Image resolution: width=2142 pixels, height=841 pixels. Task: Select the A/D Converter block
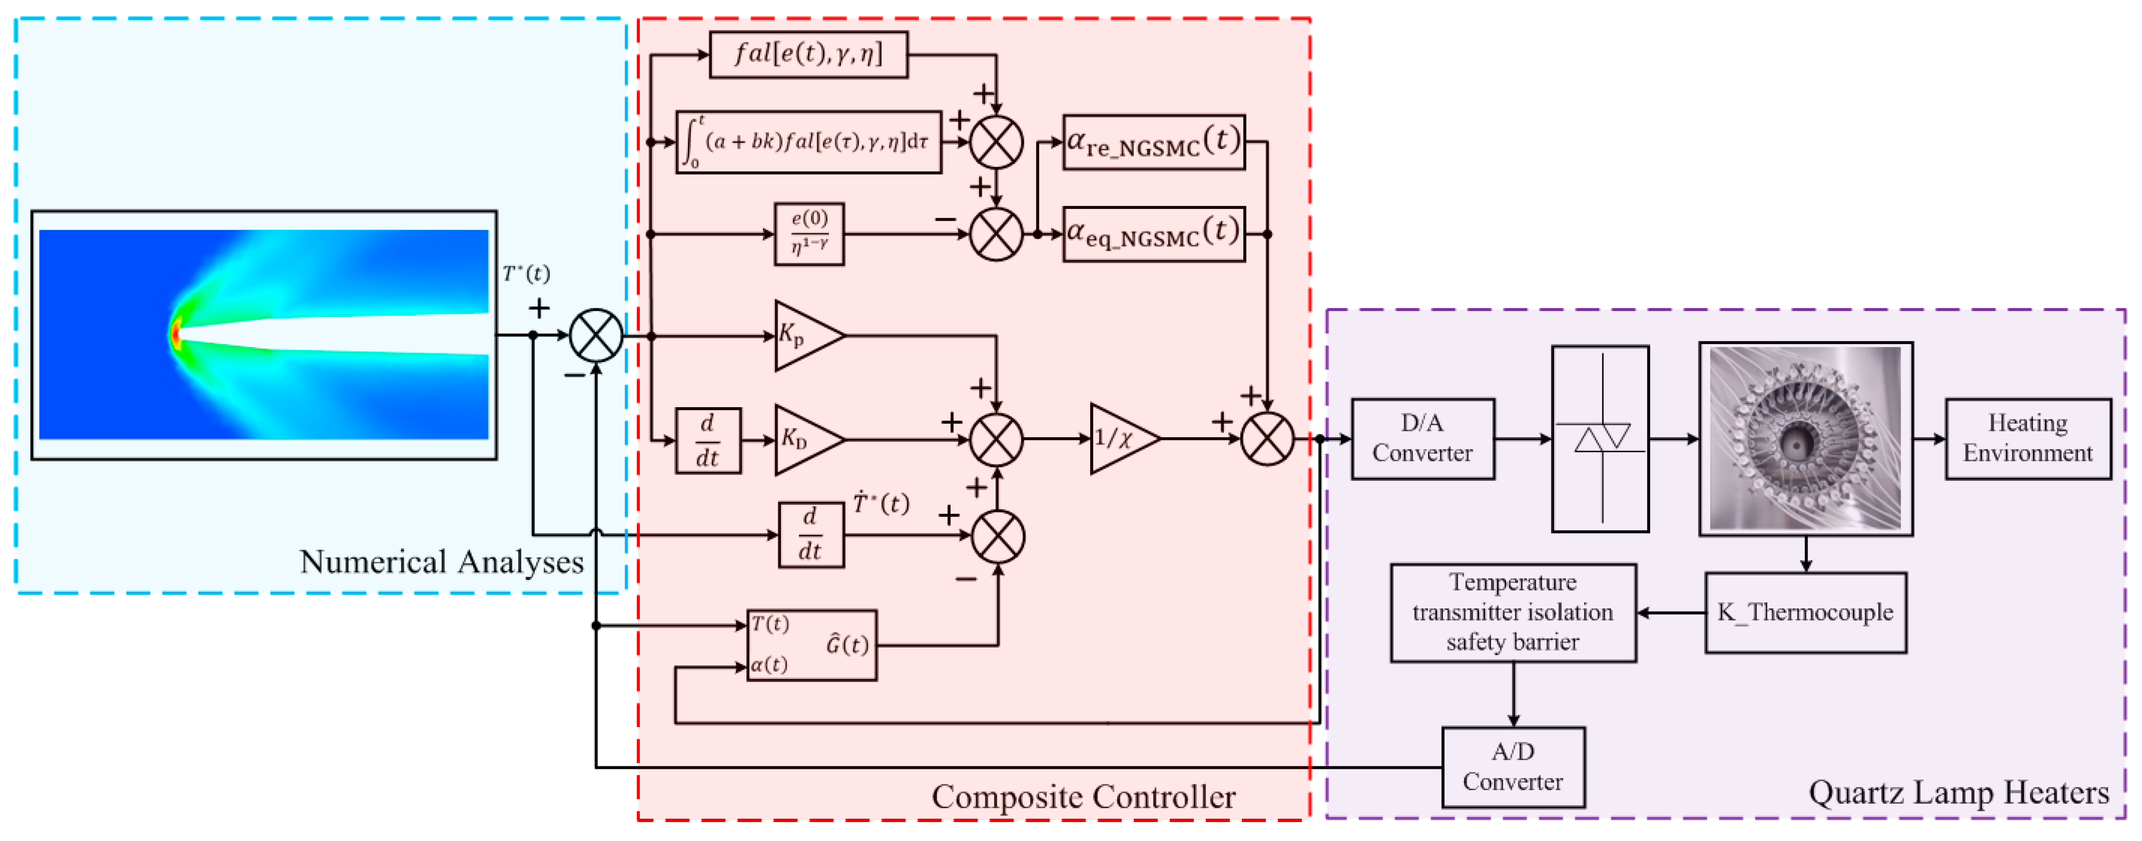pos(1512,766)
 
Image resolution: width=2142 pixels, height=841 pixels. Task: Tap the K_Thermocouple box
pos(1805,612)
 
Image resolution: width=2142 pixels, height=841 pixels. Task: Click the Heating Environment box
pos(2027,438)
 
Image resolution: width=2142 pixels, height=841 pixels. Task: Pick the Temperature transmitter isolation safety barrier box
pos(1512,612)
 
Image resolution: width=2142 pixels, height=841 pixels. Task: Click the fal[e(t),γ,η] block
pos(808,55)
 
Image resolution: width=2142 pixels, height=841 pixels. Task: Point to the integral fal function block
pos(808,142)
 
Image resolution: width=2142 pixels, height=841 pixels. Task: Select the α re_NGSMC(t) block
pos(1153,142)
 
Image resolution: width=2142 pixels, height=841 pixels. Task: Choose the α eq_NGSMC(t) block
pos(1153,234)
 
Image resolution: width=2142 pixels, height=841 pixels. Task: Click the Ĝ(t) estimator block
pos(811,645)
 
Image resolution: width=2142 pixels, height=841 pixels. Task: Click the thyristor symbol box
pos(1600,438)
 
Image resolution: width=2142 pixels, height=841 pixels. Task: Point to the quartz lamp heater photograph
pos(1805,438)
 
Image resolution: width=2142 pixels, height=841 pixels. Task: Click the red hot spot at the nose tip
pos(175,334)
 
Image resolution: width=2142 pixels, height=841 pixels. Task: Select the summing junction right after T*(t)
pos(595,335)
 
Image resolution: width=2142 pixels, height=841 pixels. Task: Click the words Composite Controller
pos(1083,796)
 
